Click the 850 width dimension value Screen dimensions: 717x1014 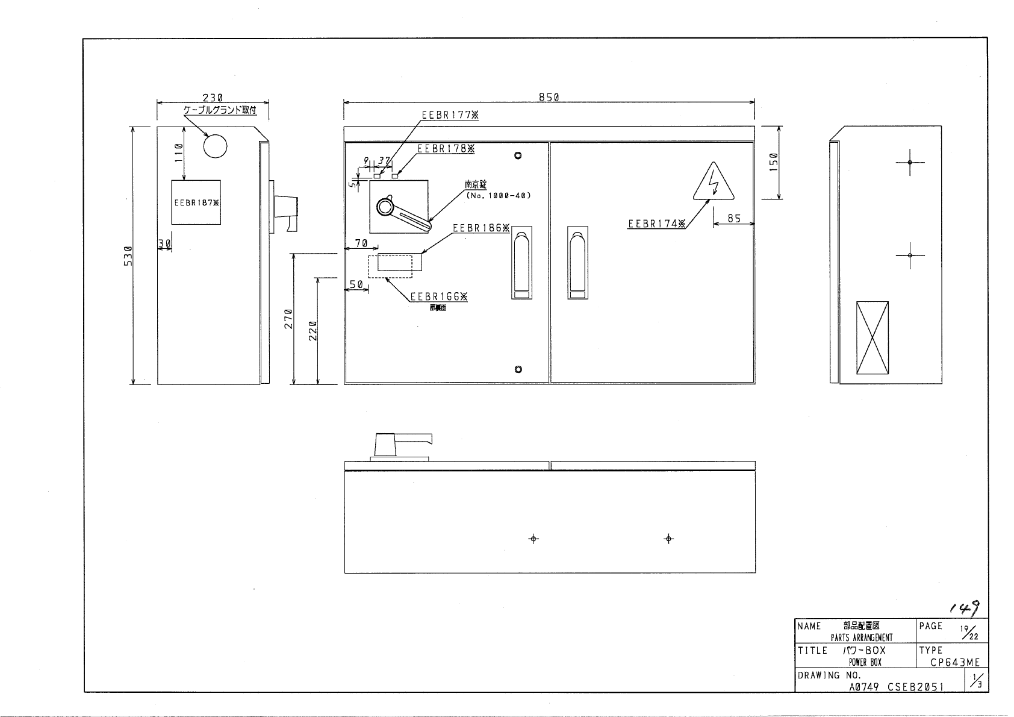[549, 97]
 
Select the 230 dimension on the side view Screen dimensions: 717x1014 [213, 97]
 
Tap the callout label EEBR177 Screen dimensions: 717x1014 [450, 116]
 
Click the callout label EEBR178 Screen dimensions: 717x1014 [446, 148]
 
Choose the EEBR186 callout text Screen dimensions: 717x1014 [481, 228]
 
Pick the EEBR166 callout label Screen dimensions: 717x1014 [438, 296]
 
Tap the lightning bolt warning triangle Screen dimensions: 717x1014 [714, 182]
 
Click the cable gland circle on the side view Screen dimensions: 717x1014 [216, 145]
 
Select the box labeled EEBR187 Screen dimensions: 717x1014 [196, 202]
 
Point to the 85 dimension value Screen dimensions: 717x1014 [734, 219]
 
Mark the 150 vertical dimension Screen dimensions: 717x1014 [775, 163]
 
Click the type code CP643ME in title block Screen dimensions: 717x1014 [954, 663]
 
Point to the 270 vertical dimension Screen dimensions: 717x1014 [288, 318]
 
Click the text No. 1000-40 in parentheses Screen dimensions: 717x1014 [498, 196]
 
